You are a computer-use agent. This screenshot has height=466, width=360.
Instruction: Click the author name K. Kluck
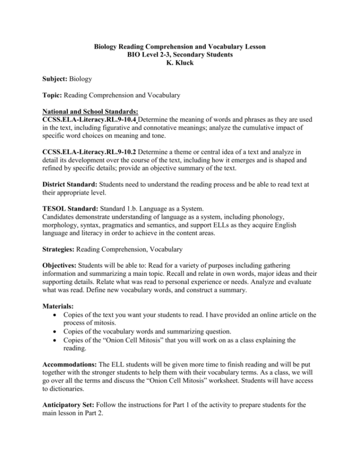[180, 63]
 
